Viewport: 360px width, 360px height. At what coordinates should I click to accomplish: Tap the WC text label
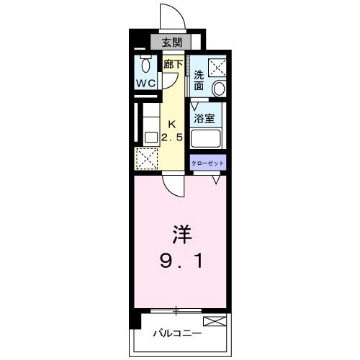(146, 83)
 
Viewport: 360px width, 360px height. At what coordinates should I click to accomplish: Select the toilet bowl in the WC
(146, 66)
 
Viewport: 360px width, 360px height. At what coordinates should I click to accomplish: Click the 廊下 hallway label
(172, 64)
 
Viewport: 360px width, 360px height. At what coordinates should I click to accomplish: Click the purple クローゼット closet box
(208, 164)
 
